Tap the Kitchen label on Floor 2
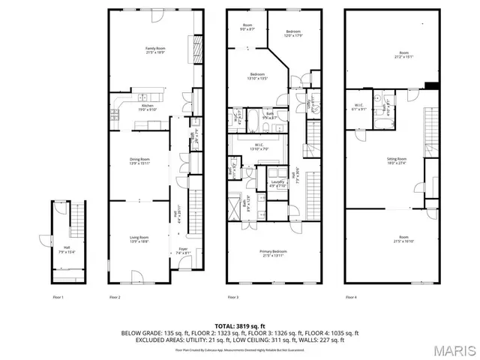point(148,107)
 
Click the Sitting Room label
point(397,160)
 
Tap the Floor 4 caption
point(351,298)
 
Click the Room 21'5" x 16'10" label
point(403,240)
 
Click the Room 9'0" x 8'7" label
point(247,28)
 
